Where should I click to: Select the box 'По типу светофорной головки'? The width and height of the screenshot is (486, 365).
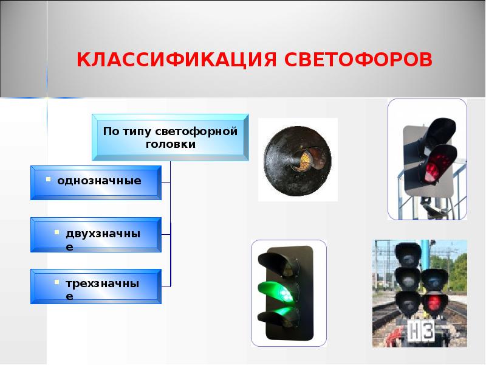[170, 137]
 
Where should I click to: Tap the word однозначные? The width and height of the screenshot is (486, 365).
[99, 181]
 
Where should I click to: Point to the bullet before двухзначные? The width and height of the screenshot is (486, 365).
[56, 232]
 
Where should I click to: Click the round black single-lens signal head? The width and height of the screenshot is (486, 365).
[298, 159]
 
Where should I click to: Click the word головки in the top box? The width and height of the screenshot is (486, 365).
[171, 144]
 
